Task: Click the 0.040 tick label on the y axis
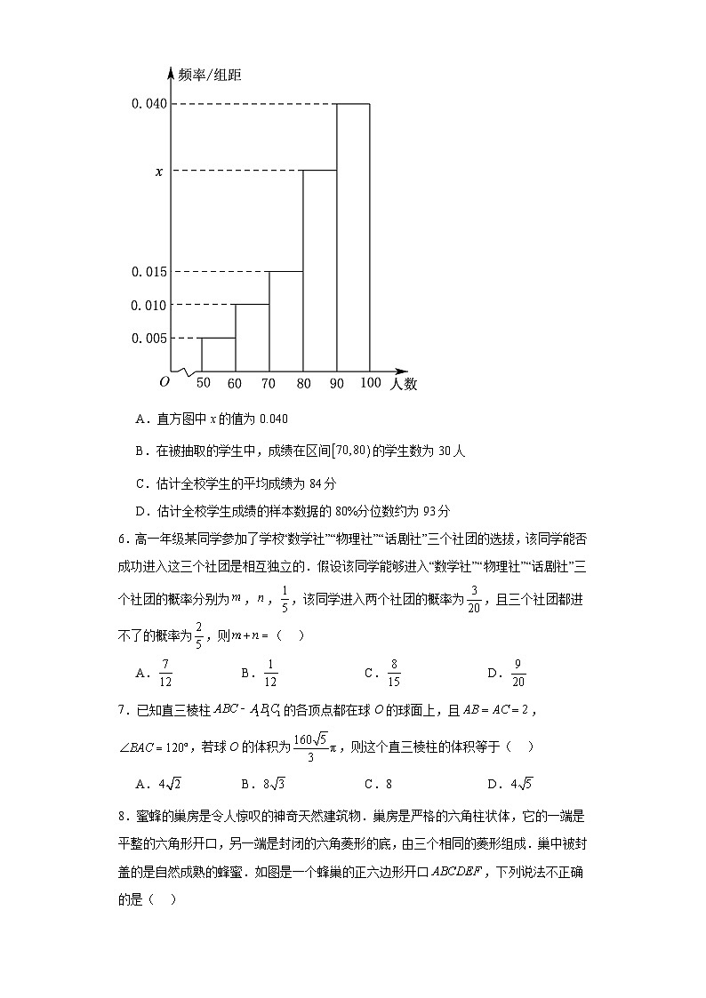pos(148,104)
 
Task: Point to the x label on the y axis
pos(159,171)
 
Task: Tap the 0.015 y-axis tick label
pos(148,272)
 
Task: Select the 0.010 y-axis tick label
pos(148,305)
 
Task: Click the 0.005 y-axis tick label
pos(148,338)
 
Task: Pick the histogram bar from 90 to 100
pos(353,237)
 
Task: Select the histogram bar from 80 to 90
pos(319,270)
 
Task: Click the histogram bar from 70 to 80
pos(286,321)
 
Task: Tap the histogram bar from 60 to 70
pos(253,338)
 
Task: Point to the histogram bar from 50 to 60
pos(219,354)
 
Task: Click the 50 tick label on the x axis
pos(203,383)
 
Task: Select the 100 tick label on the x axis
pos(370,383)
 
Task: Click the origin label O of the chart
pos(164,382)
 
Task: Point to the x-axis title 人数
pos(403,384)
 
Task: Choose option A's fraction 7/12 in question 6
pos(165,673)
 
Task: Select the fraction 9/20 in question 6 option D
pos(519,673)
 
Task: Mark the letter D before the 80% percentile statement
pos(140,511)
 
